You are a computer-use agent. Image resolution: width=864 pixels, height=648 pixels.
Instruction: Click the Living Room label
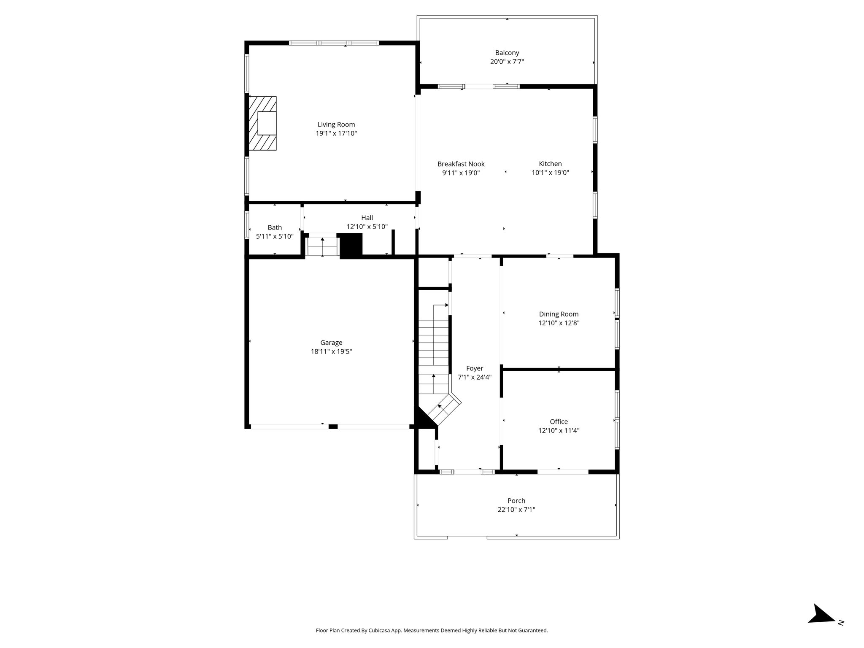(336, 124)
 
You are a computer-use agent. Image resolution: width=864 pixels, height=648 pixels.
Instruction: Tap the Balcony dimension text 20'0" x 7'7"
(507, 62)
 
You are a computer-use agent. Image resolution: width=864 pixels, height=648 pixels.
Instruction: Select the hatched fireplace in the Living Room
(262, 123)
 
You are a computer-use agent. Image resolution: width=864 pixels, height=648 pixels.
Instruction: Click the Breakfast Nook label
(461, 164)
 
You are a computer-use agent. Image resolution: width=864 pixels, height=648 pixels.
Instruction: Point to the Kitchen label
(550, 164)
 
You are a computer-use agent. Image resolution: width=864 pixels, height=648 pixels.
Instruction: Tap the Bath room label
(275, 227)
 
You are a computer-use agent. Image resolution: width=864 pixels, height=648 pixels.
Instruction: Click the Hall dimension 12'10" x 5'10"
(367, 227)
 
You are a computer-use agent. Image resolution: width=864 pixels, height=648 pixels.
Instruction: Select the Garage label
(331, 343)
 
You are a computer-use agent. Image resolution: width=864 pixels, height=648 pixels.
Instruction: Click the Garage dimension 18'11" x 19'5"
(331, 351)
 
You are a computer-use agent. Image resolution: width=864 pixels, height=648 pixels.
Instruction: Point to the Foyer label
(475, 368)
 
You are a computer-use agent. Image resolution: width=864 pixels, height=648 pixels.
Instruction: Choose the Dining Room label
(559, 314)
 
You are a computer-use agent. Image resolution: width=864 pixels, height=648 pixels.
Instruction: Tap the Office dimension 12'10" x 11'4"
(559, 430)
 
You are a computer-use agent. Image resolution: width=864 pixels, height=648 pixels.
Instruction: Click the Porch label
(516, 501)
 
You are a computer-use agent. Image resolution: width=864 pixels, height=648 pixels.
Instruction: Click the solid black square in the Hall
(351, 245)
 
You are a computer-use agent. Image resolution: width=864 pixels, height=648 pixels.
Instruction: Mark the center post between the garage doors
(333, 427)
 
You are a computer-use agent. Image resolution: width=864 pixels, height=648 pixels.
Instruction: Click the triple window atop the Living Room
(334, 43)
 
